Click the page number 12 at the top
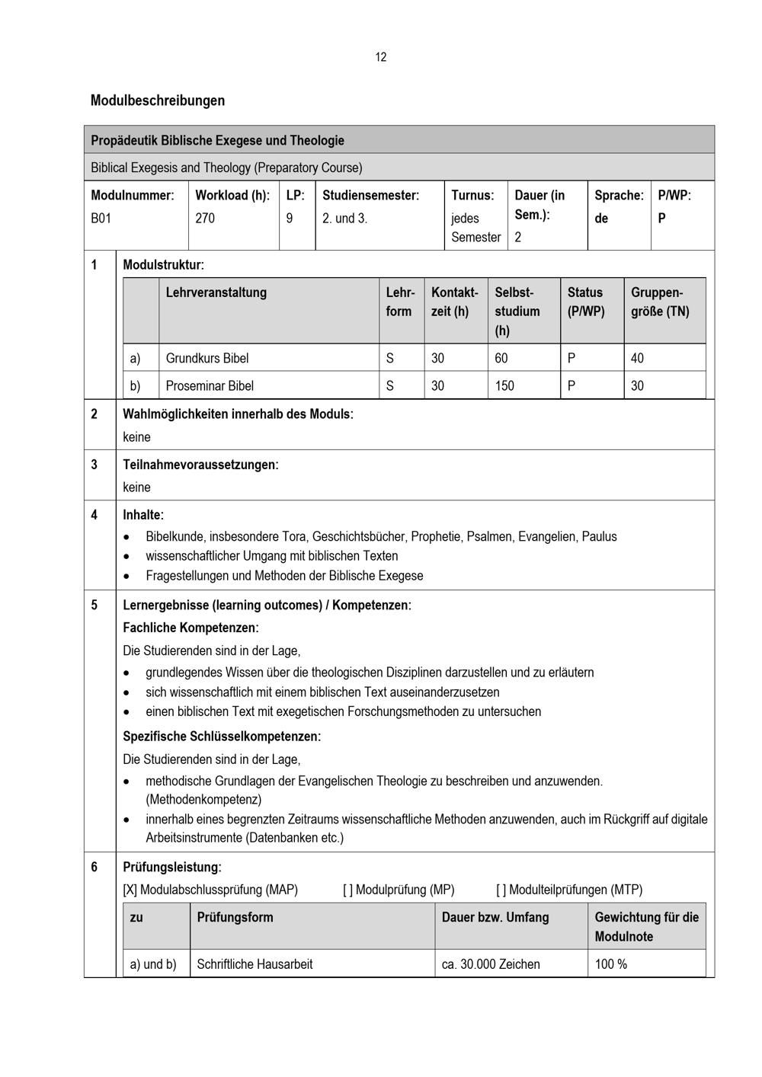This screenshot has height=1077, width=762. click(380, 57)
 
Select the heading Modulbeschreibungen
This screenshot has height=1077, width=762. click(158, 101)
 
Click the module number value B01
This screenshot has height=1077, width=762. click(101, 219)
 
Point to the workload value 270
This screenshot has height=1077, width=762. click(205, 219)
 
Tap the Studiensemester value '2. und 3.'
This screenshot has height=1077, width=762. click(344, 219)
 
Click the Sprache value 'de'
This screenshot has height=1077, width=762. click(601, 219)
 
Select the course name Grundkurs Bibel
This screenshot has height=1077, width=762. click(207, 358)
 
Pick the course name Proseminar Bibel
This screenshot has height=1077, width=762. click(210, 385)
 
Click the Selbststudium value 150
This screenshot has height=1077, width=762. click(504, 385)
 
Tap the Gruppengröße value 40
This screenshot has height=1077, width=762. click(637, 358)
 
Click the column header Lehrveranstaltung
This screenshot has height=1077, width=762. click(216, 292)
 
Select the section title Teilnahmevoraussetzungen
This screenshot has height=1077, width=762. click(200, 465)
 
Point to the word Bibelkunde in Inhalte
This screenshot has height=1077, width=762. click(174, 536)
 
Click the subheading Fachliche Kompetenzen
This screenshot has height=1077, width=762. click(190, 628)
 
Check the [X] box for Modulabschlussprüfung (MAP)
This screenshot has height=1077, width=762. click(130, 890)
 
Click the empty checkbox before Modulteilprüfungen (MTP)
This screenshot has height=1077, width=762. click(501, 890)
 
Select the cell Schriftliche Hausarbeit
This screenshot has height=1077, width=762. click(255, 964)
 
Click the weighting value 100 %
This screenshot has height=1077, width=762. click(611, 964)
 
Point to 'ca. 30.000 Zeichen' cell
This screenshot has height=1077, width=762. click(491, 964)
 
